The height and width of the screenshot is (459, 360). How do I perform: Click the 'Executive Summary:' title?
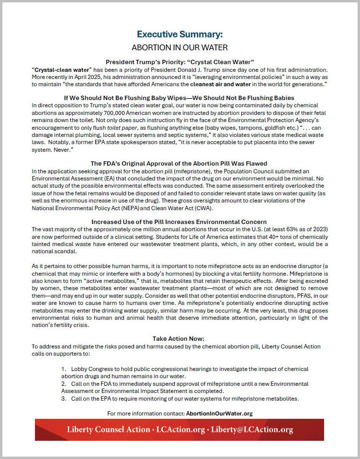click(x=180, y=34)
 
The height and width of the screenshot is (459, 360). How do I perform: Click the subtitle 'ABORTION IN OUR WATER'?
click(x=180, y=47)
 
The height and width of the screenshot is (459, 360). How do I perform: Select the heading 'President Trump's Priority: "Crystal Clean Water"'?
click(x=180, y=62)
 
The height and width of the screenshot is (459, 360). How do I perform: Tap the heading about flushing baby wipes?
click(x=180, y=97)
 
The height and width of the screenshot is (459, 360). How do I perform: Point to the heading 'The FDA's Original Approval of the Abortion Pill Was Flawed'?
click(x=180, y=163)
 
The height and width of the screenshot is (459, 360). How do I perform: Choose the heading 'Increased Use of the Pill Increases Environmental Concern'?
click(x=180, y=222)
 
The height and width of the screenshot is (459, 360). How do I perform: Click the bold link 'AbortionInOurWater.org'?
click(x=219, y=413)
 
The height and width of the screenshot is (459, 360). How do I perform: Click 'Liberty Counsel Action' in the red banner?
click(x=108, y=429)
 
